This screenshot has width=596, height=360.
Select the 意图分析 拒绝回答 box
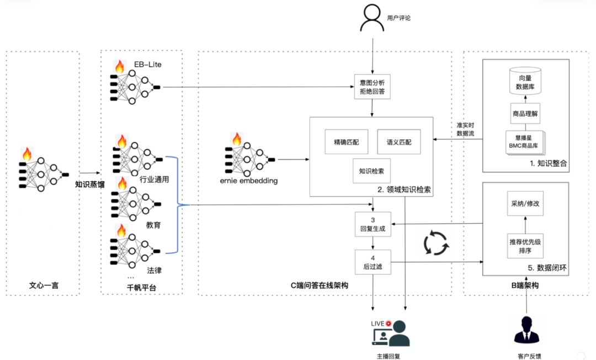click(372, 87)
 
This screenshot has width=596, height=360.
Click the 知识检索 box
click(371, 171)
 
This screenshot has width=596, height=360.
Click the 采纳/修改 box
click(525, 204)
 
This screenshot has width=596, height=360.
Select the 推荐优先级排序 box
click(524, 246)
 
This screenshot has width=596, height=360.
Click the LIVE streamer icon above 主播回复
click(391, 332)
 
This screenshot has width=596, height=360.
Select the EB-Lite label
click(148, 65)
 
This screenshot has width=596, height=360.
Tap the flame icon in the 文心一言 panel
click(26, 153)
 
